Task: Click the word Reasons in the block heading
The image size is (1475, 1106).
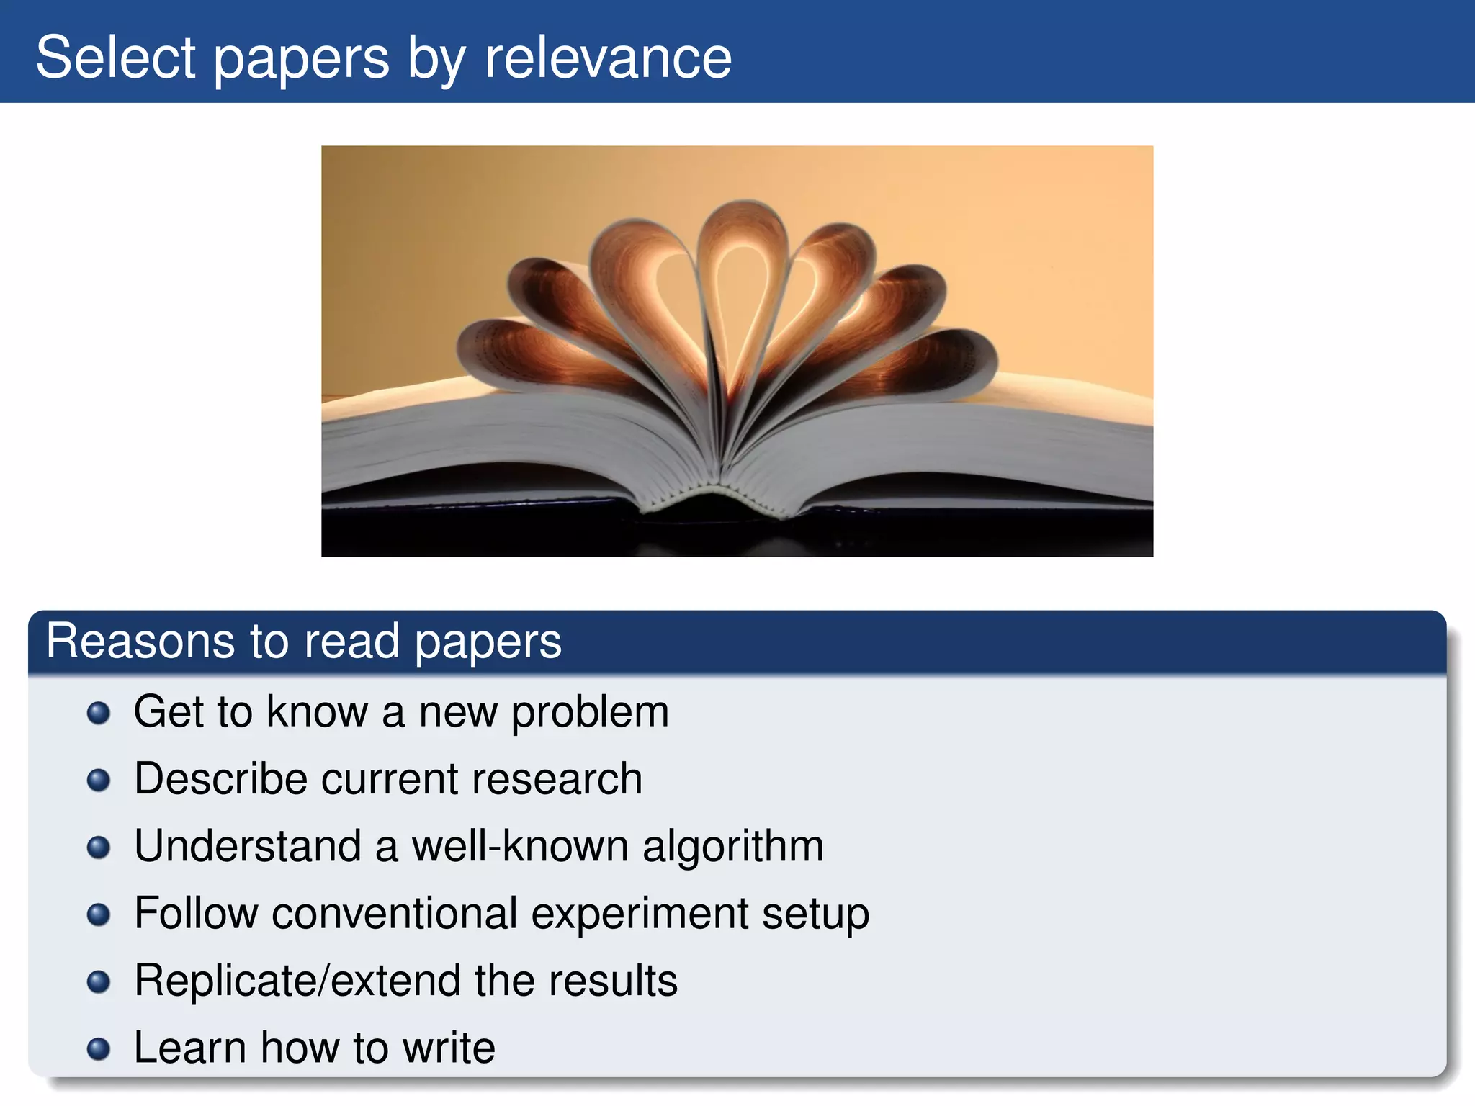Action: point(140,641)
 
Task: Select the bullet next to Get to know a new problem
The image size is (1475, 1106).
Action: point(99,714)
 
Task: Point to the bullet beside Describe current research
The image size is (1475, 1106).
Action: point(99,781)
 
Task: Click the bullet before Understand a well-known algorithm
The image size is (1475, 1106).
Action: point(99,848)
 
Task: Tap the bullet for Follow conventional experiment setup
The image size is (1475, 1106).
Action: point(99,914)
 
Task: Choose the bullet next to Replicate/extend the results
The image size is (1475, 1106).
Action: point(99,982)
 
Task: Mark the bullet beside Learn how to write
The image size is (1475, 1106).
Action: point(99,1049)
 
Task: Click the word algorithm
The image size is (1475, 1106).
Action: point(733,847)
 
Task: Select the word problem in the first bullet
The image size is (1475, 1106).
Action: point(590,713)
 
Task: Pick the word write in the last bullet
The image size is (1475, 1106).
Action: point(449,1048)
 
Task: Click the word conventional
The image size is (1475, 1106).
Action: point(395,914)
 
